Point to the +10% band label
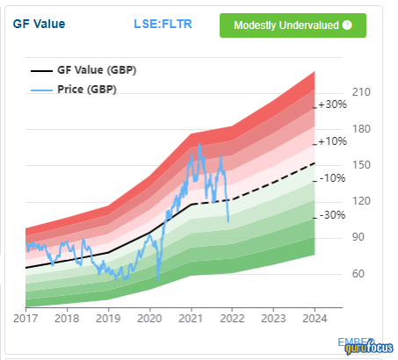[331, 141]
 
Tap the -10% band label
[331, 178]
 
